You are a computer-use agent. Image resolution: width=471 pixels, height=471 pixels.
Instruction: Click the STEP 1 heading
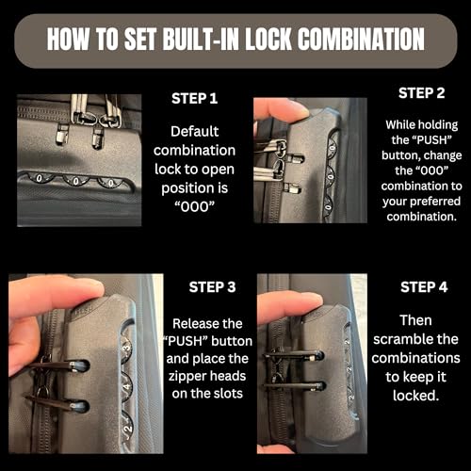click(194, 99)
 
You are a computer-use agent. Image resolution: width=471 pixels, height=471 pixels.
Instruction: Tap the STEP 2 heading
click(421, 93)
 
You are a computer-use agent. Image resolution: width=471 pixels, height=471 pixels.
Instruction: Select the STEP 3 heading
click(212, 287)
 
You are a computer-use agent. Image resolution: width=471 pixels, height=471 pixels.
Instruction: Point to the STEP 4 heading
click(424, 287)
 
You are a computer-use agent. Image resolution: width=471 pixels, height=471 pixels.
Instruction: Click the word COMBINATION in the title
click(361, 40)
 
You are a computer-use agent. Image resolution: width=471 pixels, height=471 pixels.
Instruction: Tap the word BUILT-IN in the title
click(202, 40)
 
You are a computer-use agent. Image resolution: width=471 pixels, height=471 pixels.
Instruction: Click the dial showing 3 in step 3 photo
click(126, 347)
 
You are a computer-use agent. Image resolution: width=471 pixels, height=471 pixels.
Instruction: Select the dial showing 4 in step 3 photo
click(126, 387)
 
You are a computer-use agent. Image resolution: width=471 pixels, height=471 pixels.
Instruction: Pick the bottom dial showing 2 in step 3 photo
click(126, 428)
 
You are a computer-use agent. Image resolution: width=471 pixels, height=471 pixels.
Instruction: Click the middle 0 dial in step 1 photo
click(76, 181)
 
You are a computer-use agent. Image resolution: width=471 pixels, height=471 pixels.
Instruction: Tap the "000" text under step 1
click(194, 206)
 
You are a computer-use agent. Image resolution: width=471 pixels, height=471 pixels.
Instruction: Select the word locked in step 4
click(415, 396)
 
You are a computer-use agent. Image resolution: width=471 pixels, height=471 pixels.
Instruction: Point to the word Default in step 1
click(194, 131)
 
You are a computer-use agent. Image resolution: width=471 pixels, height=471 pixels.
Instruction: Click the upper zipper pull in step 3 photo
click(58, 365)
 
